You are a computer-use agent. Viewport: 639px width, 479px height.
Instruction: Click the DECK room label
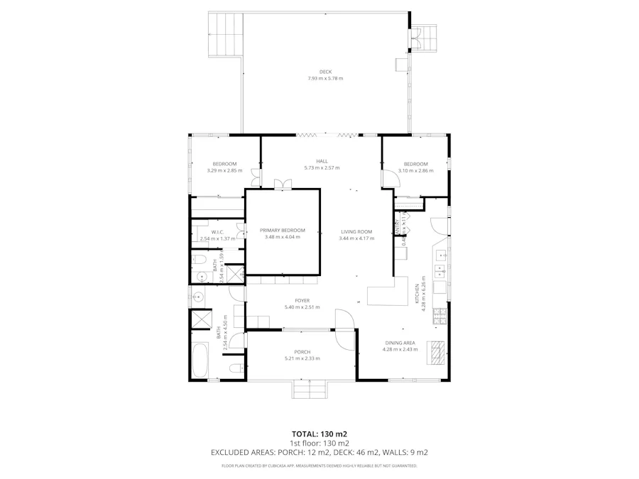pyautogui.click(x=325, y=72)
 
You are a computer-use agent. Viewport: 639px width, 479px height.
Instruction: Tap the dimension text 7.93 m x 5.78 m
pyautogui.click(x=325, y=78)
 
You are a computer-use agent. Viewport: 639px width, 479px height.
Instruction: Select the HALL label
pyautogui.click(x=322, y=161)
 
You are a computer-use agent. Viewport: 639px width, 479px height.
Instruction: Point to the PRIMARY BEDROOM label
pyautogui.click(x=282, y=230)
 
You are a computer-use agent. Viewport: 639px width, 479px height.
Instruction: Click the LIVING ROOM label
pyautogui.click(x=356, y=231)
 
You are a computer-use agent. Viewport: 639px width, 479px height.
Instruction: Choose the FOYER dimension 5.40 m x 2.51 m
pyautogui.click(x=302, y=307)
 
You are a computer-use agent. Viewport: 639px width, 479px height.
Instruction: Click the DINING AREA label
pyautogui.click(x=399, y=343)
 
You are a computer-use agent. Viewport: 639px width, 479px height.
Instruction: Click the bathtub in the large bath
pyautogui.click(x=200, y=360)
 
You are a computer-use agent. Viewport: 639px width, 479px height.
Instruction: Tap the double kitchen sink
pyautogui.click(x=440, y=270)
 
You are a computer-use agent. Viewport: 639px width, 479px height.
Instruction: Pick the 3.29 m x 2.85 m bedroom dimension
pyautogui.click(x=224, y=170)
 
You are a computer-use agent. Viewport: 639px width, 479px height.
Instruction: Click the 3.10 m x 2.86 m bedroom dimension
pyautogui.click(x=415, y=170)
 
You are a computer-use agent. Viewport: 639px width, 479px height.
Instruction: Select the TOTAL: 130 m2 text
pyautogui.click(x=319, y=433)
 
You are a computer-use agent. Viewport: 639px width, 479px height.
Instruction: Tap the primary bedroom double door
pyautogui.click(x=282, y=185)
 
